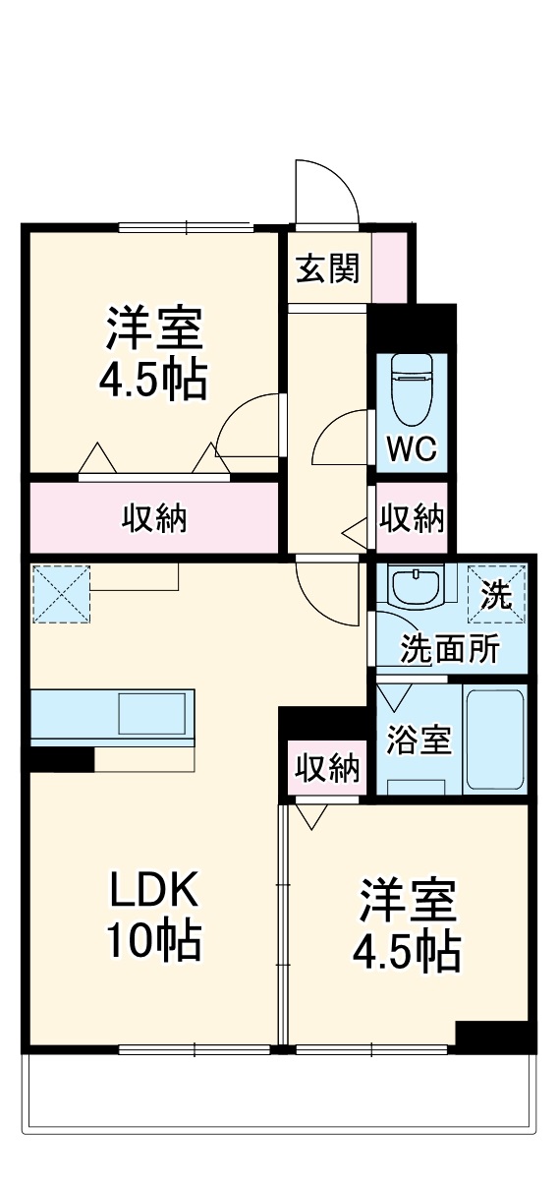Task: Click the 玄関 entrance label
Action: coord(328,267)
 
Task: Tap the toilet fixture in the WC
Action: coord(412,385)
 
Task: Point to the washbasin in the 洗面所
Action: coord(418,588)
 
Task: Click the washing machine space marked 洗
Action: coord(496,594)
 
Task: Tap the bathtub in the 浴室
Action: coord(494,739)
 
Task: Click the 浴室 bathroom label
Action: coord(418,740)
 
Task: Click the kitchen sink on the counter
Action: coord(151,713)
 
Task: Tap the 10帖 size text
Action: coord(154,941)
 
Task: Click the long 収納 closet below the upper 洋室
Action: coord(154,517)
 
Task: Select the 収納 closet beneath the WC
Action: coord(412,517)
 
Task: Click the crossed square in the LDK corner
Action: coord(60,593)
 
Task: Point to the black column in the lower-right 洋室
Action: coord(494,1037)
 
